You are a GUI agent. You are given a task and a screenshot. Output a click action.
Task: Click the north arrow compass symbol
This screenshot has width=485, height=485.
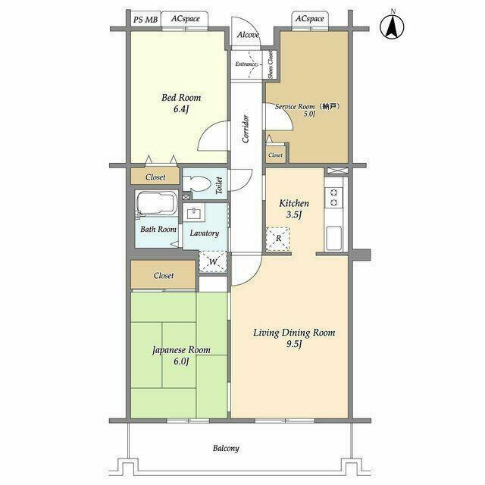click(392, 27)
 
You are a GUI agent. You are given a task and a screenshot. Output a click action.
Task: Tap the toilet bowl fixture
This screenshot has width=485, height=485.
click(196, 183)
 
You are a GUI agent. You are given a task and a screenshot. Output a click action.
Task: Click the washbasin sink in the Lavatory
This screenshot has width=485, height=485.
click(194, 213)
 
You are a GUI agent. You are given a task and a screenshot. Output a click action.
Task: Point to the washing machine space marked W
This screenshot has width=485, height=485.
click(213, 261)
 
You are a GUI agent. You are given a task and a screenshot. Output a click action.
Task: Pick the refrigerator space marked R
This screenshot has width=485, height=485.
click(278, 239)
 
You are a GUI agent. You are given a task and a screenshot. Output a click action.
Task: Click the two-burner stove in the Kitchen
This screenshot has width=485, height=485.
click(333, 198)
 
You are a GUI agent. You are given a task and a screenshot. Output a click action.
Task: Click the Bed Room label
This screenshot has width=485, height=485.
click(181, 98)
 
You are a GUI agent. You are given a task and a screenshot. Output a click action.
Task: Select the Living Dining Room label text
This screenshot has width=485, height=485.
click(294, 333)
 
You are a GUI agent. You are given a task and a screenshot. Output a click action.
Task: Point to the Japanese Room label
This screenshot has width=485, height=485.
click(181, 350)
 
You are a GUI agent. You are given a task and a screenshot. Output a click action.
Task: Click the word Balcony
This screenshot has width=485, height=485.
click(226, 448)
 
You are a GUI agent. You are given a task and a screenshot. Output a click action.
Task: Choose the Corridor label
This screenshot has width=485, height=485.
click(246, 129)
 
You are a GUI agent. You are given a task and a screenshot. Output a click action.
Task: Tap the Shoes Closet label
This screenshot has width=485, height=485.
click(271, 64)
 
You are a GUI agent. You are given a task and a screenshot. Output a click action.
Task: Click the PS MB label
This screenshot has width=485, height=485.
click(145, 20)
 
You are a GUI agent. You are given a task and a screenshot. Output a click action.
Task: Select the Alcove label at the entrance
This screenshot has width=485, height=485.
click(248, 35)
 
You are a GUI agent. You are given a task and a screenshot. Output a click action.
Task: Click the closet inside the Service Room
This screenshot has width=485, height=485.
click(275, 155)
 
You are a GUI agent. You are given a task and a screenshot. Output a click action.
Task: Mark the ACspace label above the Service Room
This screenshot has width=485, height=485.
click(310, 18)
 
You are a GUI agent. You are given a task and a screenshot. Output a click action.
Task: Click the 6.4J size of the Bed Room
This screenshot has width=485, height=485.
click(181, 109)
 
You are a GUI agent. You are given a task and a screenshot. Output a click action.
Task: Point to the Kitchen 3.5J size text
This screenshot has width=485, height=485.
click(293, 214)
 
